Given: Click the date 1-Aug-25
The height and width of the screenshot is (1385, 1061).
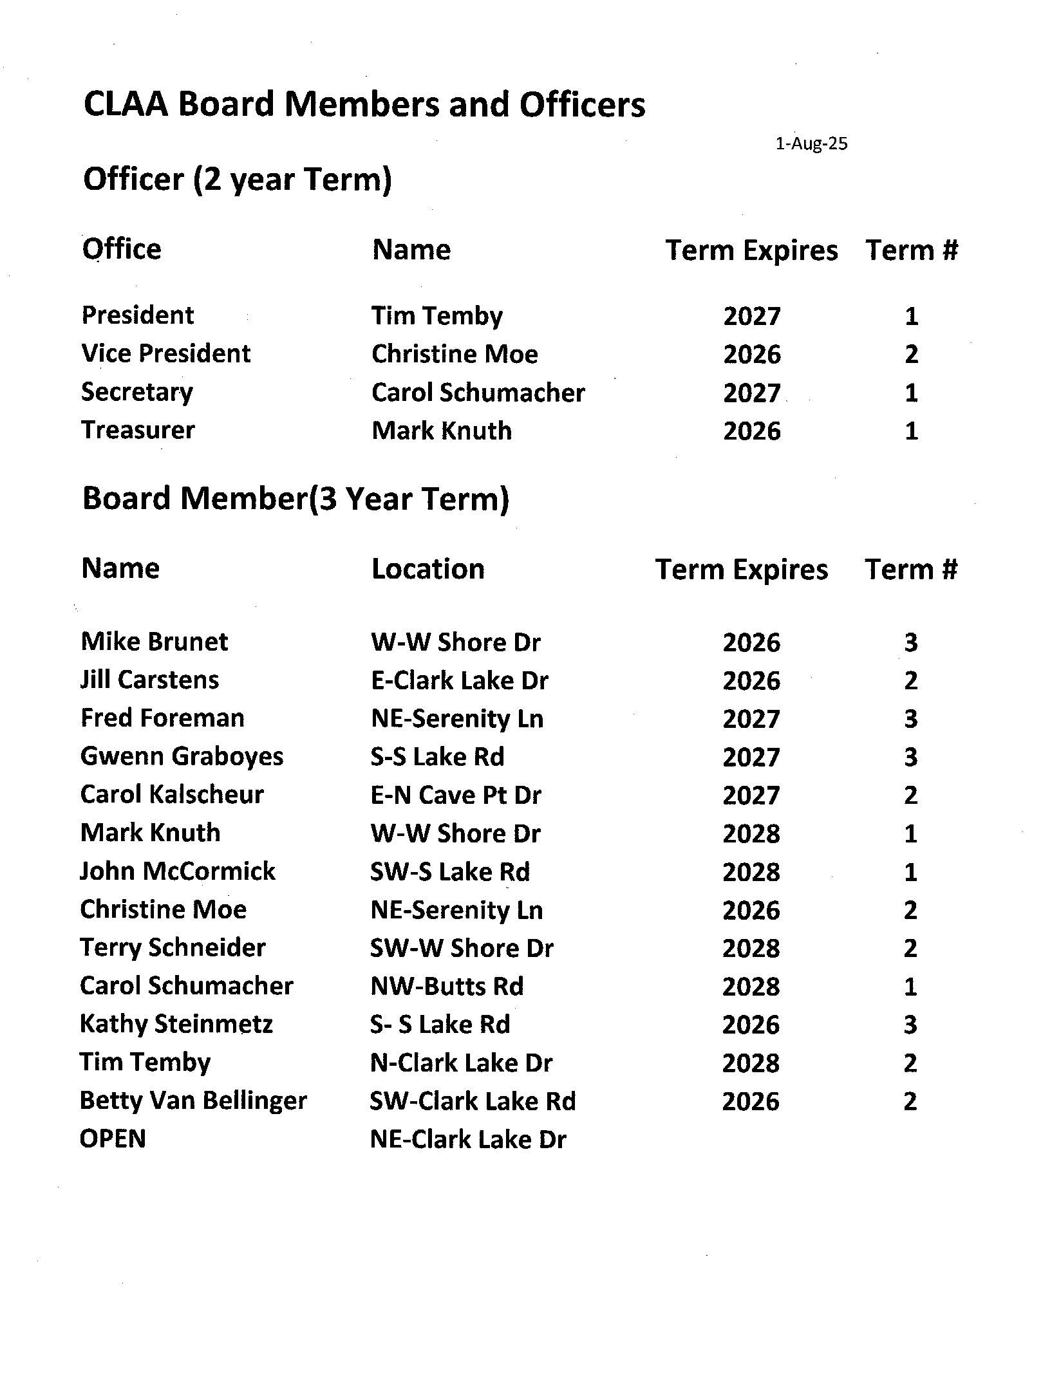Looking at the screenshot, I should pyautogui.click(x=811, y=144).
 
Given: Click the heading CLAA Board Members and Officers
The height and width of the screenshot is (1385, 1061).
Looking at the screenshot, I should pyautogui.click(x=364, y=105).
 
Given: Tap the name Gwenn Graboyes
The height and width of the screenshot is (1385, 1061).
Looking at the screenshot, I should pyautogui.click(x=182, y=757).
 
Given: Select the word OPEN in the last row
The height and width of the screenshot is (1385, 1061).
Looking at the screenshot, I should pyautogui.click(x=113, y=1139).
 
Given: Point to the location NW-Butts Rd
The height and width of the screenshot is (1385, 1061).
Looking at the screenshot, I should pyautogui.click(x=447, y=986).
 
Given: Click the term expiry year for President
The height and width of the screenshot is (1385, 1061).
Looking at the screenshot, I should pyautogui.click(x=751, y=316).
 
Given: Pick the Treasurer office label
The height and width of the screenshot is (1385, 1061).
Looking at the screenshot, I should pyautogui.click(x=138, y=430).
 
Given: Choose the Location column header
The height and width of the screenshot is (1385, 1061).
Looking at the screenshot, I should pyautogui.click(x=427, y=569).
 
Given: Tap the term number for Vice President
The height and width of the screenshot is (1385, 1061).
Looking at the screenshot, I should pyautogui.click(x=910, y=354).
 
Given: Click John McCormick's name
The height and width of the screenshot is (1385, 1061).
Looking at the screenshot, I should pyautogui.click(x=178, y=871).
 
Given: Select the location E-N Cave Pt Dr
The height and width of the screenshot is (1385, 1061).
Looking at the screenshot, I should pyautogui.click(x=456, y=795).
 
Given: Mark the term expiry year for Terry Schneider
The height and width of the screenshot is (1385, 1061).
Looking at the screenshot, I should pyautogui.click(x=751, y=948).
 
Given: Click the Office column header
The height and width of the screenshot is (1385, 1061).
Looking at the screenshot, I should pyautogui.click(x=122, y=249).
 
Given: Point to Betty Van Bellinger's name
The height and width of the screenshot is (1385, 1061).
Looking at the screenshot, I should pyautogui.click(x=193, y=1101).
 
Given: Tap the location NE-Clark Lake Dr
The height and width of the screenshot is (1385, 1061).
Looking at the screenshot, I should pyautogui.click(x=468, y=1139).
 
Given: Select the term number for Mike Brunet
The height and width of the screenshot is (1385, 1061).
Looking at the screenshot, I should pyautogui.click(x=910, y=642).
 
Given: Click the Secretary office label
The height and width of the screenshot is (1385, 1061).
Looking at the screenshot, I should pyautogui.click(x=137, y=392).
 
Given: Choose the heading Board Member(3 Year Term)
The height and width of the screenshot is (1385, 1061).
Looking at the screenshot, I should pyautogui.click(x=296, y=499).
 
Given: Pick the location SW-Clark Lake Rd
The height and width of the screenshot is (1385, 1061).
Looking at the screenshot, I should pyautogui.click(x=473, y=1101).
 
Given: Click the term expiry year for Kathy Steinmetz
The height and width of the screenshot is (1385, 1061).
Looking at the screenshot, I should pyautogui.click(x=751, y=1025).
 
